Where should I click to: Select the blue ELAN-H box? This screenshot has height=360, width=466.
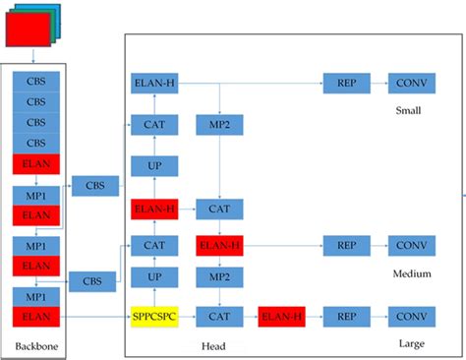[155, 85]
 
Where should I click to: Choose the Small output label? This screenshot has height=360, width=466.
[408, 109]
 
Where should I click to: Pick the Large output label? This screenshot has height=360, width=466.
[411, 343]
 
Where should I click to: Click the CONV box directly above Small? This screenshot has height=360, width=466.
[411, 85]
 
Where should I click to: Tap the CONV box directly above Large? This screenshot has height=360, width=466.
[411, 316]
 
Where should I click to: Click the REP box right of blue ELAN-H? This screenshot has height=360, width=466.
[346, 85]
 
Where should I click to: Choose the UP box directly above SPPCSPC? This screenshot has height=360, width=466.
[155, 279]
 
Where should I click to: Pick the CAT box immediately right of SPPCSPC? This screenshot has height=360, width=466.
[219, 316]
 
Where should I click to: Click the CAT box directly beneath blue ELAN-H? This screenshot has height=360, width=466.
[155, 125]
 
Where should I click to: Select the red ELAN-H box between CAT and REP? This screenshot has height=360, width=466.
[283, 316]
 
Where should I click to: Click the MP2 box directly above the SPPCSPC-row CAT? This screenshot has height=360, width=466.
[219, 279]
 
